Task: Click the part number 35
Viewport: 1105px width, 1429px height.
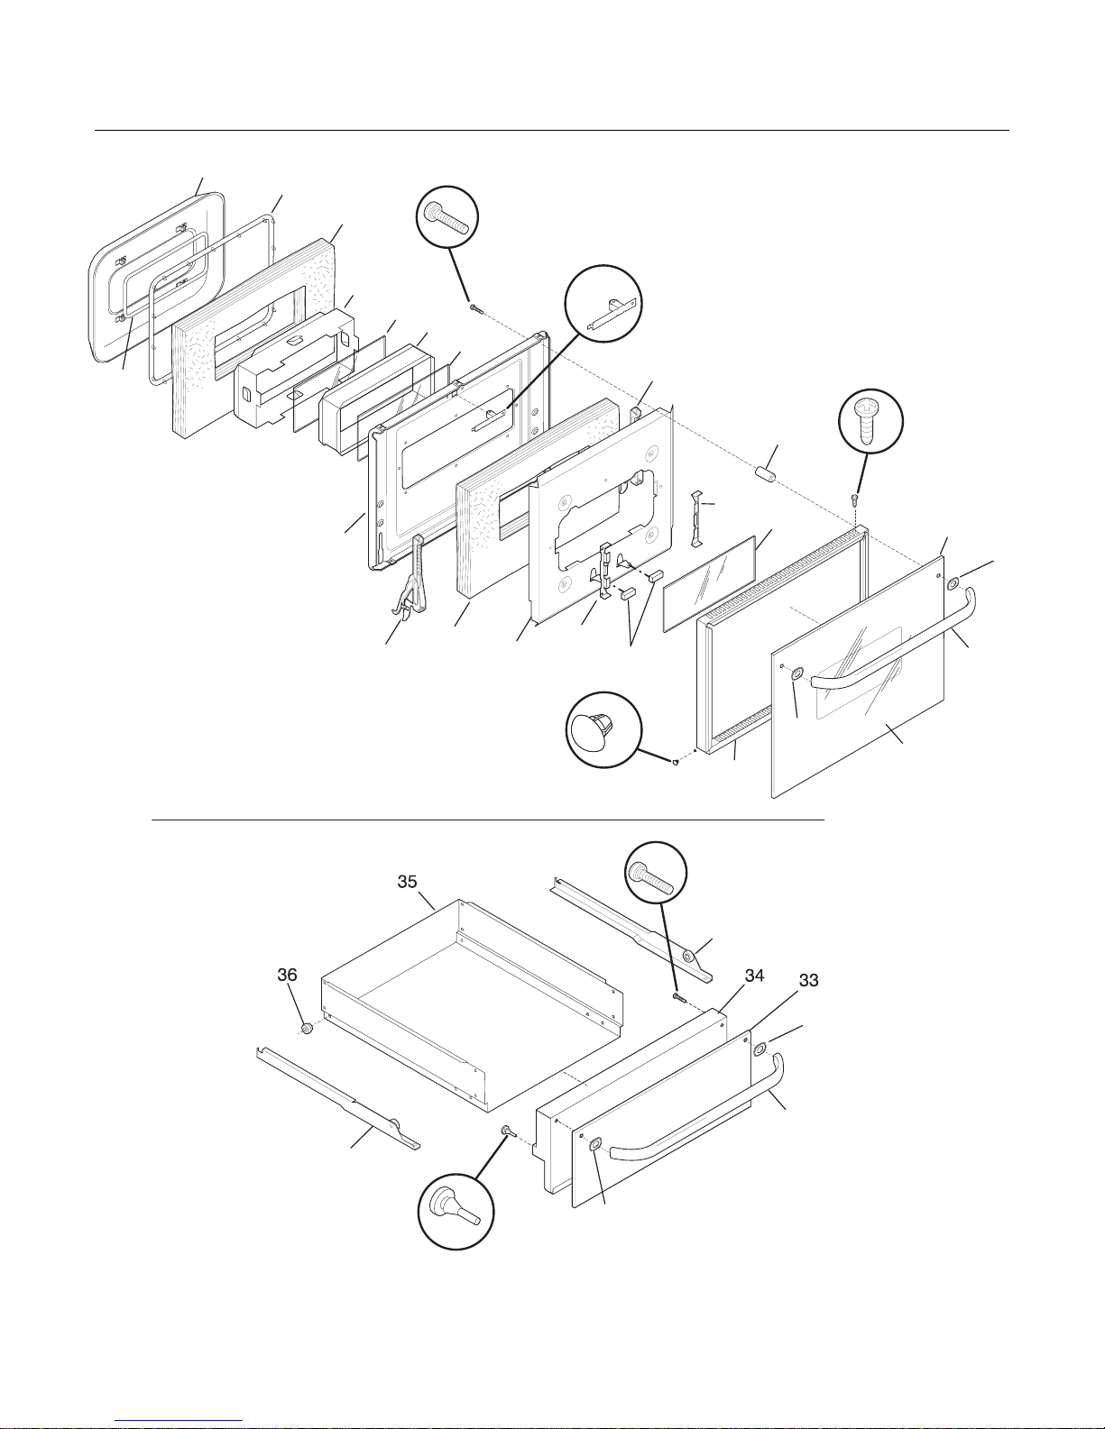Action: (408, 882)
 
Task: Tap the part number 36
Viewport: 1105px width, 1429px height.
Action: (287, 976)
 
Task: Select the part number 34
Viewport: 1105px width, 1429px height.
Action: (755, 976)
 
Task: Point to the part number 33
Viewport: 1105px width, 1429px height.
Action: (809, 981)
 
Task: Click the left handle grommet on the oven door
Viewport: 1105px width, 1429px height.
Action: (796, 675)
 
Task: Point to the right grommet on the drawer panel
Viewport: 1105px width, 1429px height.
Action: (760, 1049)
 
